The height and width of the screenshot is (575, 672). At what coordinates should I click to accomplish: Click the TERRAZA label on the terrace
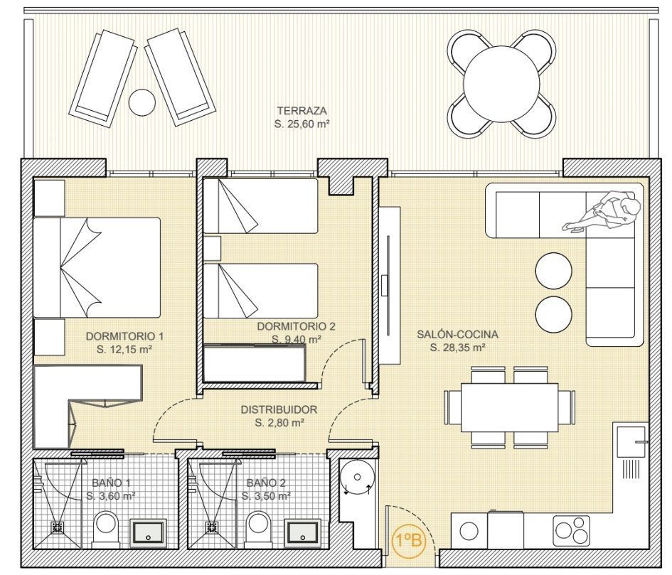click(302, 111)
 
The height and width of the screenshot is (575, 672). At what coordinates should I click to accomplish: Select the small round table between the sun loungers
click(142, 102)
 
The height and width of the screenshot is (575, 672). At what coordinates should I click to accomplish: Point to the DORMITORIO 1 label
click(124, 336)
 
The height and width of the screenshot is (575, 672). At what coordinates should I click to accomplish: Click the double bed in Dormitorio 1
click(97, 268)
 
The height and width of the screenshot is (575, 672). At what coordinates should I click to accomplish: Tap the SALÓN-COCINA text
click(458, 334)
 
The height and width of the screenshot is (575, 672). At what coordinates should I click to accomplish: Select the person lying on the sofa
click(603, 213)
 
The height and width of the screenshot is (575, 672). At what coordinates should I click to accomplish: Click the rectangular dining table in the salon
click(510, 407)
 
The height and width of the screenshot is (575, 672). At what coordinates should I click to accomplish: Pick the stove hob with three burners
click(569, 530)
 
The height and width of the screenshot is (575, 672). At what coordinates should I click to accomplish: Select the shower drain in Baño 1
click(57, 527)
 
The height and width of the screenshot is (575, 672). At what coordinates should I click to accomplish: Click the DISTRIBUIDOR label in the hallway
click(279, 409)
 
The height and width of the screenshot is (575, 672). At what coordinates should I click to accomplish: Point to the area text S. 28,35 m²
click(458, 348)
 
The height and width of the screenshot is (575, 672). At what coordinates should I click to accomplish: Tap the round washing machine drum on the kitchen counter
click(469, 532)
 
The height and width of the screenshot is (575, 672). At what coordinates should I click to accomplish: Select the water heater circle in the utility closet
click(357, 477)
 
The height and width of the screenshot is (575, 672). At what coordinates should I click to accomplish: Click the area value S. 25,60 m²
click(302, 124)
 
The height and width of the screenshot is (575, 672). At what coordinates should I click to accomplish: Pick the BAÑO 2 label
click(266, 483)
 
